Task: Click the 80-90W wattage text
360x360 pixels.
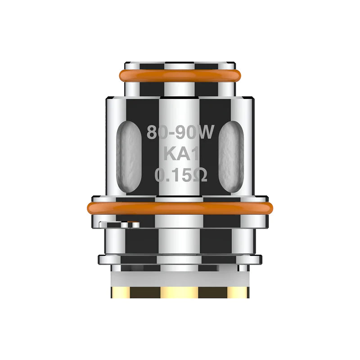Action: pyautogui.click(x=180, y=133)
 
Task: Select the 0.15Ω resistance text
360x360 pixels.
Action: pyautogui.click(x=181, y=175)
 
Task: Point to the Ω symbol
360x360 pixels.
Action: pyautogui.click(x=199, y=175)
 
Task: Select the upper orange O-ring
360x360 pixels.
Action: pyautogui.click(x=180, y=76)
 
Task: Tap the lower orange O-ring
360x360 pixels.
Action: pyautogui.click(x=180, y=208)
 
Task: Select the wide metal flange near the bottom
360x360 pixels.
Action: pyautogui.click(x=180, y=259)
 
